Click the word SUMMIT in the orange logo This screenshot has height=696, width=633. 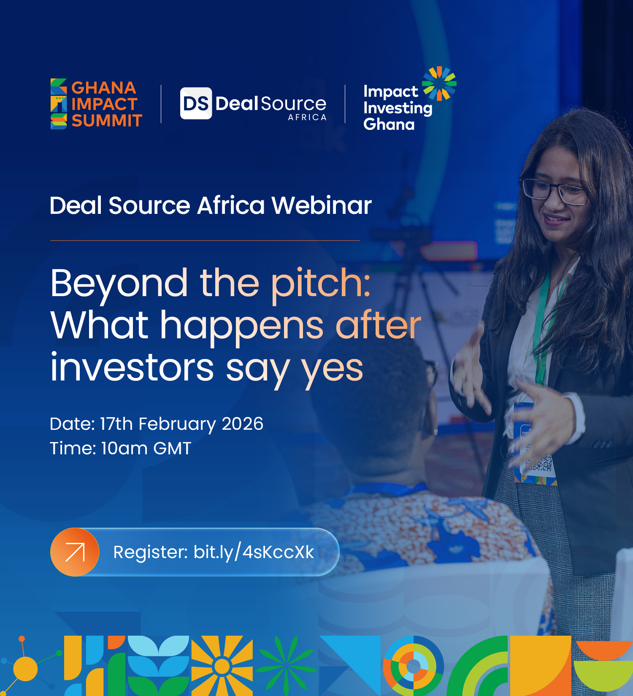pyautogui.click(x=107, y=121)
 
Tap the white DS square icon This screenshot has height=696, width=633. pyautogui.click(x=196, y=103)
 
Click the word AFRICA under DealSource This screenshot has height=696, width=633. pyautogui.click(x=307, y=117)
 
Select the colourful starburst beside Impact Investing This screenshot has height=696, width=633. pyautogui.click(x=439, y=84)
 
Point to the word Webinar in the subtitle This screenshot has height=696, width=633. pyautogui.click(x=322, y=205)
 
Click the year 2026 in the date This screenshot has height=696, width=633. pyautogui.click(x=243, y=424)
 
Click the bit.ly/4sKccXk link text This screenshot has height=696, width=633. pyautogui.click(x=254, y=552)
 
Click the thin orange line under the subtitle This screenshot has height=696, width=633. pyautogui.click(x=205, y=240)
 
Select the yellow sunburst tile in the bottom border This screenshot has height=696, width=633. pyautogui.click(x=222, y=666)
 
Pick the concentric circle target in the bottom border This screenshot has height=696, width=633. pyautogui.click(x=414, y=666)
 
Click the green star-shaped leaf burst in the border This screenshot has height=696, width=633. pyautogui.click(x=286, y=666)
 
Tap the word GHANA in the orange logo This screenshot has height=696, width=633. pyautogui.click(x=104, y=88)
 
